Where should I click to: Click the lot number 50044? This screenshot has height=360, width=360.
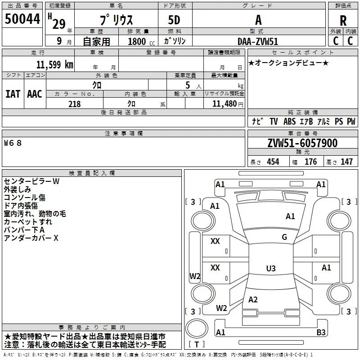pyautogui.click(x=22, y=19)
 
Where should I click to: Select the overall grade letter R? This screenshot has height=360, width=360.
pyautogui.click(x=343, y=21)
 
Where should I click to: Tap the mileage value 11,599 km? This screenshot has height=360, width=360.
pyautogui.click(x=55, y=64)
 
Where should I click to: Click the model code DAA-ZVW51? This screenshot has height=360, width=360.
pyautogui.click(x=258, y=41)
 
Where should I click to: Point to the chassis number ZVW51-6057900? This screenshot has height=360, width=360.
pyautogui.click(x=302, y=143)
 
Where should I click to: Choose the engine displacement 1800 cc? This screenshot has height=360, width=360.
pyautogui.click(x=141, y=41)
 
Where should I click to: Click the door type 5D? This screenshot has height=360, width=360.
pyautogui.click(x=174, y=20)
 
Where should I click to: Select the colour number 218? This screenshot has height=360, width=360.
pyautogui.click(x=74, y=104)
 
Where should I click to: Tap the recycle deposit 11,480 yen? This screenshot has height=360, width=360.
pyautogui.click(x=228, y=104)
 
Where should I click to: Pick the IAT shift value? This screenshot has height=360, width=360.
pyautogui.click(x=13, y=94)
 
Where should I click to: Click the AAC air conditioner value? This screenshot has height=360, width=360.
pyautogui.click(x=35, y=94)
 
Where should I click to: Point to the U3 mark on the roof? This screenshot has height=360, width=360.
pyautogui.click(x=271, y=268)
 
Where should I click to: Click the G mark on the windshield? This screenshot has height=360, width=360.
pyautogui.click(x=284, y=237)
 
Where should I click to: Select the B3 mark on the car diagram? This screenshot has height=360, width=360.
pyautogui.click(x=321, y=332)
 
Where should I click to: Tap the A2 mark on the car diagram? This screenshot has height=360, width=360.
pyautogui.click(x=253, y=299)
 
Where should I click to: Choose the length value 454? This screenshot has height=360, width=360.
pyautogui.click(x=273, y=162)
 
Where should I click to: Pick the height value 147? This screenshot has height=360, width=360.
pyautogui.click(x=346, y=162)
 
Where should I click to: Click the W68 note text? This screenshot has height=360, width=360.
pyautogui.click(x=13, y=143)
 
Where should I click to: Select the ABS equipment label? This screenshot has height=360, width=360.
pyautogui.click(x=289, y=121)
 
